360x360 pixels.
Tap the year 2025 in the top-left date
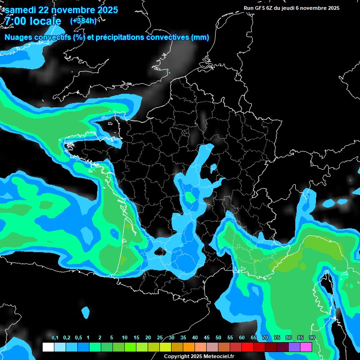(105, 10)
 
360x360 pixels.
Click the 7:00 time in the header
(15, 21)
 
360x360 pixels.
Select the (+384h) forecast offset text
(83, 21)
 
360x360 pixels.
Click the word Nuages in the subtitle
(18, 37)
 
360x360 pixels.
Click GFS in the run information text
(261, 8)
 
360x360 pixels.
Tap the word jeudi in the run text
(287, 8)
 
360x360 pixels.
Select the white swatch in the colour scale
(48, 347)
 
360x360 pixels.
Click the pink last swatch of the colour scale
(306, 347)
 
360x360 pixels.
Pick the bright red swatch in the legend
(247, 347)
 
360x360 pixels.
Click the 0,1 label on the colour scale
(55, 338)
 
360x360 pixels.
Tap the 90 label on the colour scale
(312, 338)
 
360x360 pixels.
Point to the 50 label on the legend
(218, 338)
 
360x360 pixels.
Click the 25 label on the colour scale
(160, 338)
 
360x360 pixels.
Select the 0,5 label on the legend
(78, 338)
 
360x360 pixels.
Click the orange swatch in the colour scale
(189, 347)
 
